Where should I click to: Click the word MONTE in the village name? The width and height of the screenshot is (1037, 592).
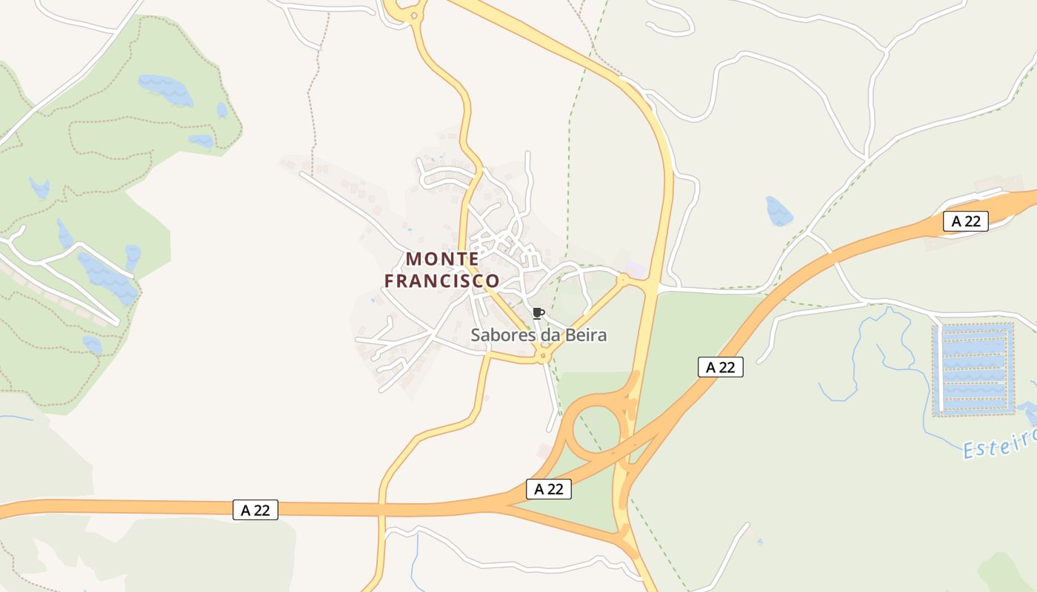(x=442, y=259)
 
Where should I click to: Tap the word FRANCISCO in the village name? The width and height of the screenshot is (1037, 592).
(x=442, y=281)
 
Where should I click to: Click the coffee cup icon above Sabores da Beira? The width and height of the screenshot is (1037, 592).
(x=538, y=313)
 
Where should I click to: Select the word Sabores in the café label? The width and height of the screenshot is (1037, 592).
(x=499, y=335)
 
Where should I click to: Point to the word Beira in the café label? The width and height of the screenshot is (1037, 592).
(x=585, y=335)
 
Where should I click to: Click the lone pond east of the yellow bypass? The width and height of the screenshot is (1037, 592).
(x=779, y=211)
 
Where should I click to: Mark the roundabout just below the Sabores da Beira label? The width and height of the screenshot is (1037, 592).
(x=544, y=357)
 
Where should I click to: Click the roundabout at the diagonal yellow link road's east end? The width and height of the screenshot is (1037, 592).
(x=623, y=280)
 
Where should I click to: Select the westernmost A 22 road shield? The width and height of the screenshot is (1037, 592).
(x=256, y=510)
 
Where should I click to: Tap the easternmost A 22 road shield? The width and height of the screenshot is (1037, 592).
(x=966, y=221)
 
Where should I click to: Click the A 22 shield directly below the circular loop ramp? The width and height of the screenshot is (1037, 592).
(x=549, y=488)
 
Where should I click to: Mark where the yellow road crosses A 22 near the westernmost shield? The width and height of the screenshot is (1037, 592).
(x=382, y=509)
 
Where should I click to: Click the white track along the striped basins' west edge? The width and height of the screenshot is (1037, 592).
(x=940, y=368)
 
